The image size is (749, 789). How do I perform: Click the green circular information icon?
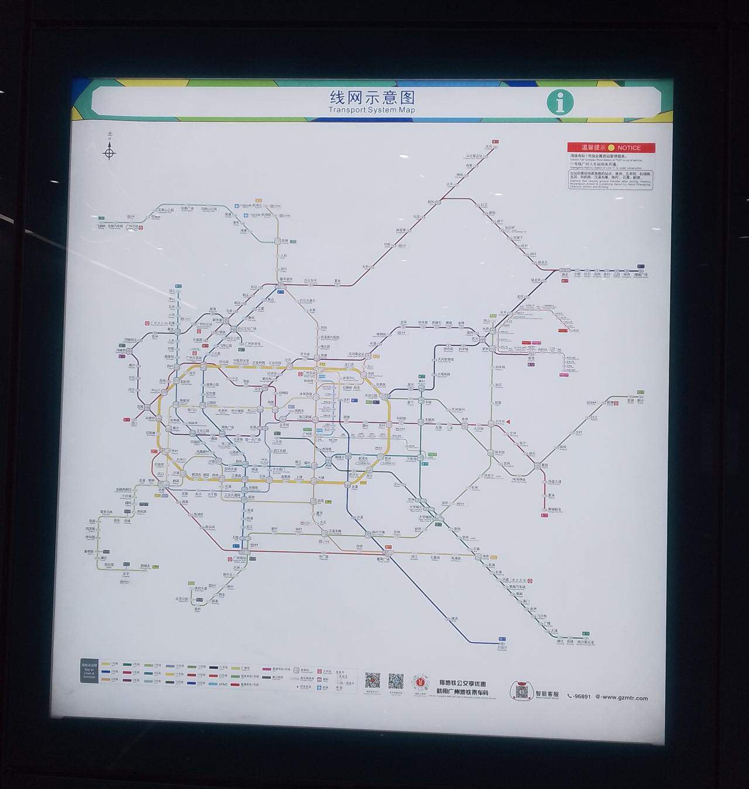coord(560,102)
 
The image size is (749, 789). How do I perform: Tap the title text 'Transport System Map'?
coord(372,110)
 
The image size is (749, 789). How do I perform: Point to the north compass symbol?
coord(109,153)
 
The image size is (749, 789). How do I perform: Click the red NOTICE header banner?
coord(611,148)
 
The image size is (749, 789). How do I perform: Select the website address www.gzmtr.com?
coord(624,697)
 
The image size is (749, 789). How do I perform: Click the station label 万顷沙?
coord(502,647)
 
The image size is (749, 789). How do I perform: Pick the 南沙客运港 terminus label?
coord(586,642)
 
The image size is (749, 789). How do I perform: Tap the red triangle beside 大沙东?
coord(509,421)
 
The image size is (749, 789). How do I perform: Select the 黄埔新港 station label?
coord(551,509)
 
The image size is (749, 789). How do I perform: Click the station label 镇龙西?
coord(536,280)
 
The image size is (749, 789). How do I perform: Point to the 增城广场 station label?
coord(641,274)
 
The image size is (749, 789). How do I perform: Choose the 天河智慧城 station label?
coord(446,359)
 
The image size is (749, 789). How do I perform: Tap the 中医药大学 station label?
coord(241,361)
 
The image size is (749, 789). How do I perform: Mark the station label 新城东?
coord(145,565)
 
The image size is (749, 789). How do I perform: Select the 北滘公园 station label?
coord(182,599)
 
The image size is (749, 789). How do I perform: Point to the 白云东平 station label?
coord(310,281)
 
